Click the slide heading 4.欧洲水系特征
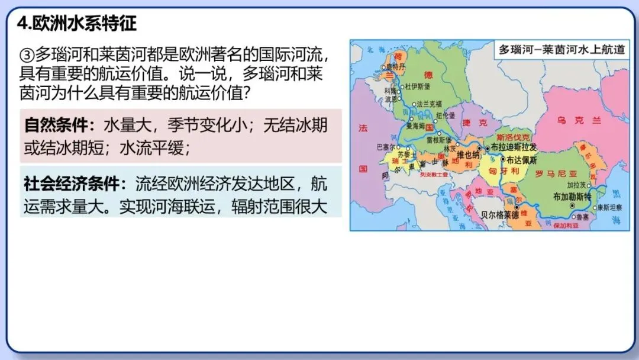[x=77, y=23]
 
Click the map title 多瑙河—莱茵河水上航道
[x=561, y=50]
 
